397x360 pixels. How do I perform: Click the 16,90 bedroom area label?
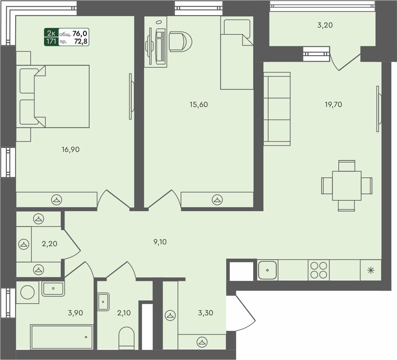coord(71,149)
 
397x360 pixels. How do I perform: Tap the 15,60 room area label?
coord(199,104)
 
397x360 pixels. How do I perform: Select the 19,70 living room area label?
coord(333,104)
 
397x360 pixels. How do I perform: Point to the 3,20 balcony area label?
coord(325,25)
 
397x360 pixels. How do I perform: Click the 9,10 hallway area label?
coord(160,242)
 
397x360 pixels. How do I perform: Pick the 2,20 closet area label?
coord(50,244)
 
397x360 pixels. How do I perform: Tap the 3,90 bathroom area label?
coord(75,313)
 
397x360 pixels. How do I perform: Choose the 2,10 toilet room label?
coord(124,313)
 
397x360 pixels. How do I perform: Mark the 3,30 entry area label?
coord(205,313)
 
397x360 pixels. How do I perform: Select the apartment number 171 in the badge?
coord(51,41)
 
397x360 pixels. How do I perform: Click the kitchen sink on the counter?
coord(267,270)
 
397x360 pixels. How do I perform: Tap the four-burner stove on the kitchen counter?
coord(319,270)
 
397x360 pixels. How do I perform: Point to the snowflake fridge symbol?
coord(371,270)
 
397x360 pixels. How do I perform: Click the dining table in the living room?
coord(346,186)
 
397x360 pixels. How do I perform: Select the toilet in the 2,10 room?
coord(126,337)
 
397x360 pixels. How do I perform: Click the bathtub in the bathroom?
coord(62,337)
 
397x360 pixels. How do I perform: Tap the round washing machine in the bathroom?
coord(27,292)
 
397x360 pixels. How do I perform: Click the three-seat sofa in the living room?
coord(277,109)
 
